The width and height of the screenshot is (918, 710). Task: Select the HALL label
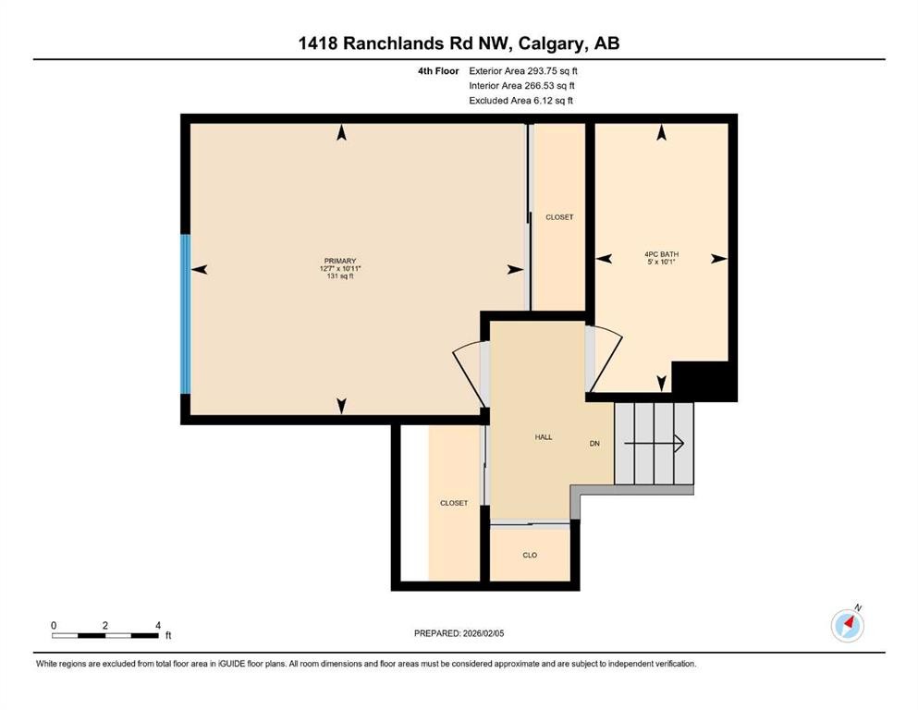coord(543,437)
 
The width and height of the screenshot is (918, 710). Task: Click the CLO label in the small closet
coord(530,555)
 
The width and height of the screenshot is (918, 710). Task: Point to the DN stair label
coord(595,444)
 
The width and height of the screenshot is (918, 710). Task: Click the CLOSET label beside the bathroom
coord(559,217)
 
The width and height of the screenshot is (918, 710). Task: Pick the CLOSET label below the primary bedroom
coord(454,503)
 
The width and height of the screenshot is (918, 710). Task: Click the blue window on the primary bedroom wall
coord(185,314)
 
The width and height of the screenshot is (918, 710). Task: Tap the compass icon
coord(848,626)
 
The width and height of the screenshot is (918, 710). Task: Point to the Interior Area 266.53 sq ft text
coord(524,85)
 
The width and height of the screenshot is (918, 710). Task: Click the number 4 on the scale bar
coord(158,625)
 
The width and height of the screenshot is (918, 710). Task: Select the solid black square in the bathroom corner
coord(704,381)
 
